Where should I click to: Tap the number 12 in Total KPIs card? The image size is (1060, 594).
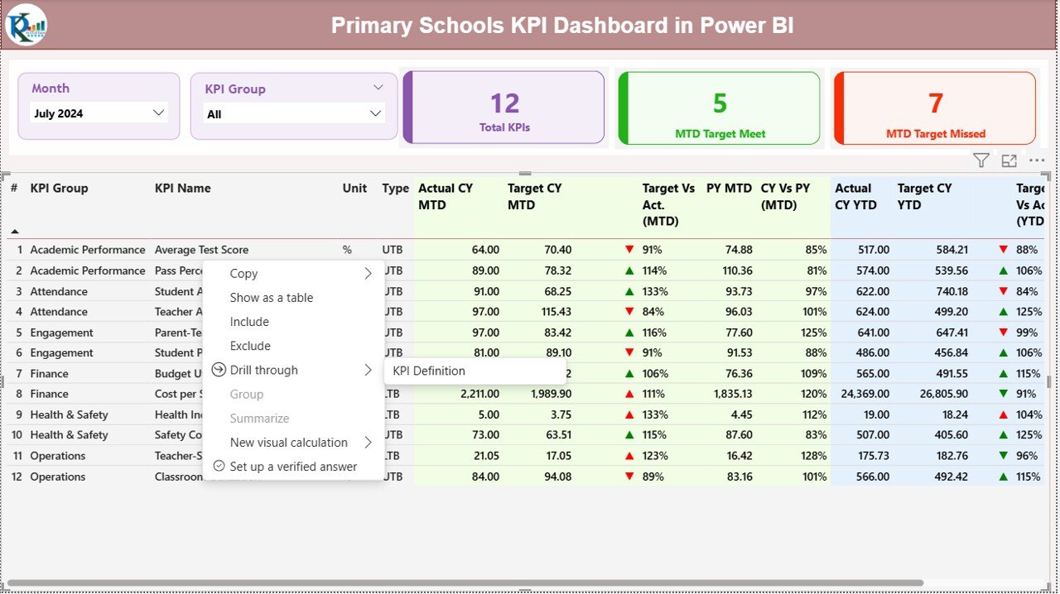tap(504, 103)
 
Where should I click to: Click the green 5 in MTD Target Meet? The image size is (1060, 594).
tap(720, 103)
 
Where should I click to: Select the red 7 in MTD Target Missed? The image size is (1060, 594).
tap(935, 103)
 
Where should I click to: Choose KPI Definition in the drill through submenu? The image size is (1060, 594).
tap(429, 371)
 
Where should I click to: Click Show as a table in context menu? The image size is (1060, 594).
tap(272, 298)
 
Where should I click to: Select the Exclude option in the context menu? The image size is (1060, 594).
tap(250, 346)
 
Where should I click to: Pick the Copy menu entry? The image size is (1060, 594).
tap(244, 274)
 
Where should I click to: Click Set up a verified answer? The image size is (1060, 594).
tap(293, 467)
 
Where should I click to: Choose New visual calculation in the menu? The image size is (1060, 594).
tap(289, 443)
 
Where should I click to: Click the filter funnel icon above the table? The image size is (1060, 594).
tap(980, 161)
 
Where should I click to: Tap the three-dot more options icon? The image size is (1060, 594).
tap(1037, 161)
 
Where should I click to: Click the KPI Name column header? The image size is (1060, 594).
tap(183, 189)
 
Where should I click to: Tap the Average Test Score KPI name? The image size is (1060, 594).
tap(201, 250)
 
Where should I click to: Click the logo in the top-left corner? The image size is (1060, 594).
tap(26, 25)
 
